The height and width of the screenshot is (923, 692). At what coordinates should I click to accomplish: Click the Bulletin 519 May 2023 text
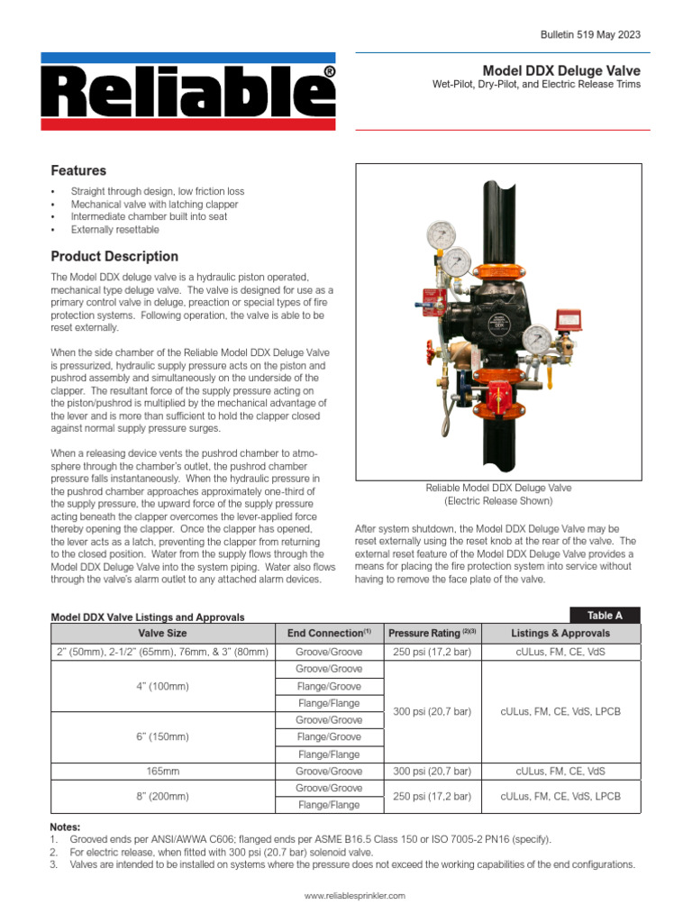pos(590,34)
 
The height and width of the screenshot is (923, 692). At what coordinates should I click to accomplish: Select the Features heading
pos(78,170)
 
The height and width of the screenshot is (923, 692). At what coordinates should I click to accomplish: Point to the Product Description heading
pos(114,256)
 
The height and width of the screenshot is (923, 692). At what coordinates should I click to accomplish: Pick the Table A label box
pos(605,616)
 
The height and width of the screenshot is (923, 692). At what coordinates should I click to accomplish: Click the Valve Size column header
pos(162,634)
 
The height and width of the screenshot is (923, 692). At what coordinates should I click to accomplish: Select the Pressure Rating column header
pos(432,634)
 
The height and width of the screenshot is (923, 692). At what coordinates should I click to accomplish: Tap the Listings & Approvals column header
pos(560,634)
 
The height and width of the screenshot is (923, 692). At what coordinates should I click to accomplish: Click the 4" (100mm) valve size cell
pos(162,686)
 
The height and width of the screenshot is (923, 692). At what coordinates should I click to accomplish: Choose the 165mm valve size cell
pos(162,772)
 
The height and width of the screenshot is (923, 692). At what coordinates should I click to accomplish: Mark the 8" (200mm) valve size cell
pos(162,797)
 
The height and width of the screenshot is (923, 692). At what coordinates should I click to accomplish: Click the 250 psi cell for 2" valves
pos(432,652)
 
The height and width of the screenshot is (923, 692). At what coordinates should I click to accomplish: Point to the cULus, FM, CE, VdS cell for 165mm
pos(560,772)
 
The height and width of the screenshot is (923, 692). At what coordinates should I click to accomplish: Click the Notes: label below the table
pos(65,827)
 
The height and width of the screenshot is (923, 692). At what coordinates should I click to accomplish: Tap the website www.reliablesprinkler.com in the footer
pos(355,896)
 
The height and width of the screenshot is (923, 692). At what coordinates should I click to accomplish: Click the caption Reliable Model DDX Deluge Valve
pos(498,488)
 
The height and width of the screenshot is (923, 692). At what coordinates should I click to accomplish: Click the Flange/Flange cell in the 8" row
pos(329,805)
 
